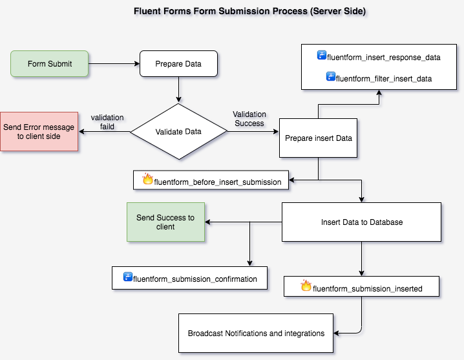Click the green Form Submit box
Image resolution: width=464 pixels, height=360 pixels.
tap(49, 64)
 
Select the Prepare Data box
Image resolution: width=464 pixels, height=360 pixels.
tap(178, 64)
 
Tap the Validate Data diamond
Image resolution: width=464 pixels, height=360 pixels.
tap(178, 131)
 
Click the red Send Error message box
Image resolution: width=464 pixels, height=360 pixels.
tap(39, 132)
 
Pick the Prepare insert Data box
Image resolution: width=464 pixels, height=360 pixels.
tap(317, 138)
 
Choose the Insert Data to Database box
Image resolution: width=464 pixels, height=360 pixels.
tap(361, 222)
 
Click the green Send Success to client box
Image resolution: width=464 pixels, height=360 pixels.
tap(165, 222)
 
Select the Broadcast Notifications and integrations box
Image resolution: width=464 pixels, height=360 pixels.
tap(256, 334)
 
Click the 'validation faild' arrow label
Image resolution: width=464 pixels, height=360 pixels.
tap(107, 122)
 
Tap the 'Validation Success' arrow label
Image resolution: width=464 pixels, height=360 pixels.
tap(249, 118)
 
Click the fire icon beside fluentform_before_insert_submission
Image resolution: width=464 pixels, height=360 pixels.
tap(147, 180)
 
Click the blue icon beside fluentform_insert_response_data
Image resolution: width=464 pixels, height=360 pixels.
tap(321, 56)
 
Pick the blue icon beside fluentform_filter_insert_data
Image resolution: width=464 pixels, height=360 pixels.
tap(330, 78)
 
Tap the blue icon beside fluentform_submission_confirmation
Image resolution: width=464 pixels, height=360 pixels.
tap(128, 278)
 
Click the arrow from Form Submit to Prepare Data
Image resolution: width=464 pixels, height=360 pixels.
tap(114, 64)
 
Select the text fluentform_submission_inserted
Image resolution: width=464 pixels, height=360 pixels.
tap(367, 288)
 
